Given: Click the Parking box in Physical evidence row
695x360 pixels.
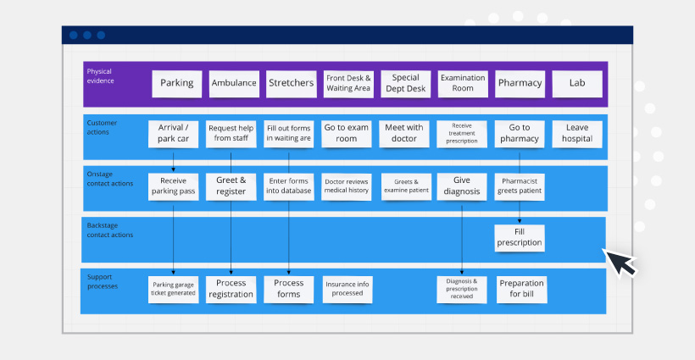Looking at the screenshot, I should pos(176,83).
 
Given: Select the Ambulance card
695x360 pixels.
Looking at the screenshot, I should pos(233,83).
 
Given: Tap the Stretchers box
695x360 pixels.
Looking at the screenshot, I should pos(291,83).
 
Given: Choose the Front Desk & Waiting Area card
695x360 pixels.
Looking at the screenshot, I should pos(347,83).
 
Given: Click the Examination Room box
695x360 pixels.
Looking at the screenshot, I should pos(463,83).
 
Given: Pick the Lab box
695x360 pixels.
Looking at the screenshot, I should pos(577,83).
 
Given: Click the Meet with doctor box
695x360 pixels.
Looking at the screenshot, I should pos(404,134).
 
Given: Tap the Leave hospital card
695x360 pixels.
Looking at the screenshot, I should pos(577,134).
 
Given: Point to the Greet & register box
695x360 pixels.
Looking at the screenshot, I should pos(231,186).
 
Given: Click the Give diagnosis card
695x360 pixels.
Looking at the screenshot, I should pos(462,186).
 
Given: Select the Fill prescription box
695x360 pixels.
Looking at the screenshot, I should pos(520,237).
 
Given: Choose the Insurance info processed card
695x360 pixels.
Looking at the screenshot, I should pos(347,289).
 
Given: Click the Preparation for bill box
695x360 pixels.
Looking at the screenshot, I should pos(521,289).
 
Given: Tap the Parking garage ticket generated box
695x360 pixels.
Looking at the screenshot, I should pos(173,289).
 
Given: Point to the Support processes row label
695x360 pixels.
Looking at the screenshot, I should pos(103,282).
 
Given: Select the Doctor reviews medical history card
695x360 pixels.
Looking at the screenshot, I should pos(347,186).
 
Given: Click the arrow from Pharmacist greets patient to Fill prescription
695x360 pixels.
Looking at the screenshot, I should pos(520,212).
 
